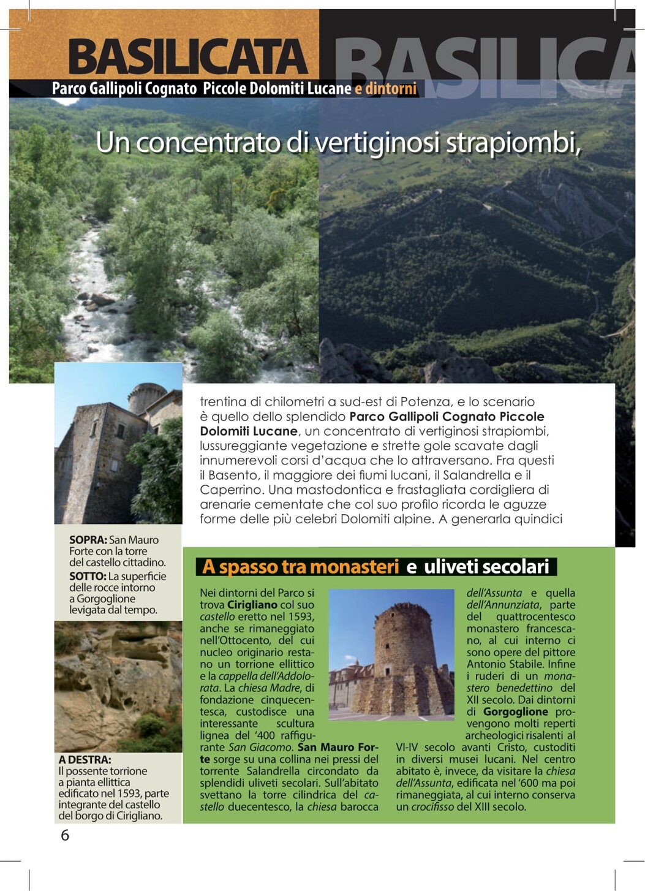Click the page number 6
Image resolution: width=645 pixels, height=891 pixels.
point(65,835)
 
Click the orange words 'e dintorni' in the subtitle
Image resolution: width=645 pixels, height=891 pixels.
point(385,89)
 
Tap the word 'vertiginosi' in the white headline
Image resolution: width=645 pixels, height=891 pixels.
point(377,143)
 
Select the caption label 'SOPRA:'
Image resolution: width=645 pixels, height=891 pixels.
point(88,540)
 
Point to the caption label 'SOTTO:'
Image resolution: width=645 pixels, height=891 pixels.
point(87,576)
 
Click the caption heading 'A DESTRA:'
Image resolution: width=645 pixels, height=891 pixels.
point(85,759)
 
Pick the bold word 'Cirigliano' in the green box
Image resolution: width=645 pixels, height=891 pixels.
point(252,605)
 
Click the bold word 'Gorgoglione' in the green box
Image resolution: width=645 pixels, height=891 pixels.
point(515,711)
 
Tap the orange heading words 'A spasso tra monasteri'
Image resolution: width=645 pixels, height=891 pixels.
point(300,567)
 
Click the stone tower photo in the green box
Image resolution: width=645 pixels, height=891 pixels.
point(391,654)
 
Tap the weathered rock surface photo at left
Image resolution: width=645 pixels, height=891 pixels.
point(118,686)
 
